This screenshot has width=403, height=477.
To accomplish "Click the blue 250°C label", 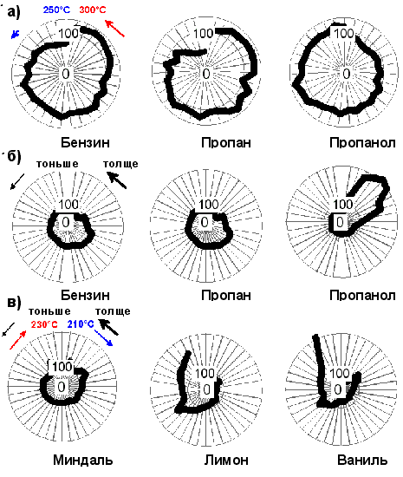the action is pyautogui.click(x=56, y=10).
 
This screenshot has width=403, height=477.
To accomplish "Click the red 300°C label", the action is pyautogui.click(x=93, y=10).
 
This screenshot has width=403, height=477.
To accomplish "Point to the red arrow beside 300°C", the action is pyautogui.click(x=115, y=29).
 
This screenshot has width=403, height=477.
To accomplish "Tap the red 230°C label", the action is pyautogui.click(x=44, y=324).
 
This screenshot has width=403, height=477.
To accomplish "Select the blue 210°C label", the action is pyautogui.click(x=81, y=324).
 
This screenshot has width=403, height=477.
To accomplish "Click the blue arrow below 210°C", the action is pyautogui.click(x=104, y=338).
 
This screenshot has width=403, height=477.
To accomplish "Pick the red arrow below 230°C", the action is pyautogui.click(x=18, y=340).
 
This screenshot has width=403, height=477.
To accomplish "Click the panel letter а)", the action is pyautogui.click(x=14, y=12).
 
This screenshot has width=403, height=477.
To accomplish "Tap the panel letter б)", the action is pyautogui.click(x=14, y=156).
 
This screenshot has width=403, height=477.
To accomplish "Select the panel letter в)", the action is pyautogui.click(x=14, y=303).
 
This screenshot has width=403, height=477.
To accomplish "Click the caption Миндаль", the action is pyautogui.click(x=83, y=460).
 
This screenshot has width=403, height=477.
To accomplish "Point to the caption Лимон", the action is pyautogui.click(x=226, y=460).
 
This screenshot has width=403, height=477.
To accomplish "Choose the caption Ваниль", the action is pyautogui.click(x=362, y=460).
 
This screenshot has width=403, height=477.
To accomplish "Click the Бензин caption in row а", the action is pyautogui.click(x=85, y=142).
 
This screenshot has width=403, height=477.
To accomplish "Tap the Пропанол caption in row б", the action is pyautogui.click(x=362, y=295).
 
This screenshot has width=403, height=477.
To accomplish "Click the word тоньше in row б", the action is pyautogui.click(x=57, y=164).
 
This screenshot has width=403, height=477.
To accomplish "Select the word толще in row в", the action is pyautogui.click(x=113, y=311).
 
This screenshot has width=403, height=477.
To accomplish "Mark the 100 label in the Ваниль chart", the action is pyautogui.click(x=340, y=373).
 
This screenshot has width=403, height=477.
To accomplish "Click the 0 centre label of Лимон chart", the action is pyautogui.click(x=206, y=389).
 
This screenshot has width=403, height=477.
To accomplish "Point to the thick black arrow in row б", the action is pyautogui.click(x=116, y=180).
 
